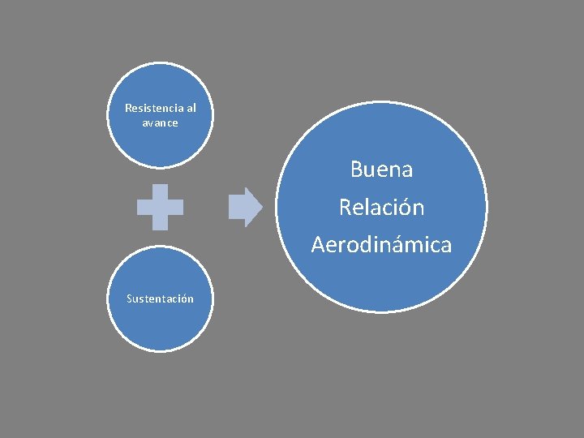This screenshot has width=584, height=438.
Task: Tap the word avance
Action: point(160,122)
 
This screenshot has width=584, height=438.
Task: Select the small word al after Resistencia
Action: point(191,108)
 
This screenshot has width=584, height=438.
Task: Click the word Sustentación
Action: point(160,298)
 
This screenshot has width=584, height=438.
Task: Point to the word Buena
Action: point(381,170)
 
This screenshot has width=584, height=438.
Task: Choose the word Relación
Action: point(381,208)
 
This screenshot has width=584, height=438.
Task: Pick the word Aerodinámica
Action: point(381,245)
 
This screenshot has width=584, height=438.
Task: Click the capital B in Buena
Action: point(356,170)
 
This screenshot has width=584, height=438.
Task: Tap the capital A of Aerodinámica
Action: point(317,245)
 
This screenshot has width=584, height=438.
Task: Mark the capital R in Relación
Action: point(345,208)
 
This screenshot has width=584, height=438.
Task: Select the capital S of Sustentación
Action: point(129,298)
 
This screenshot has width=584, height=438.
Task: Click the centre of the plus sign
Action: point(160,208)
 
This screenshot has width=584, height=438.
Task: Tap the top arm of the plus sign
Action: point(160,191)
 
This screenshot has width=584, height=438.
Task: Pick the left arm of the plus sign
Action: point(144,208)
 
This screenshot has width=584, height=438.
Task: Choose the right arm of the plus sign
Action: point(176,208)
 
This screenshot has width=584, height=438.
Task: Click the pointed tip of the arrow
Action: point(261,208)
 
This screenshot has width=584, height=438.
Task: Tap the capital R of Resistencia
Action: point(127,108)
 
